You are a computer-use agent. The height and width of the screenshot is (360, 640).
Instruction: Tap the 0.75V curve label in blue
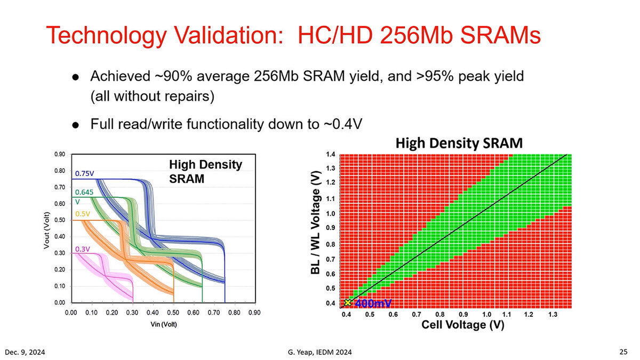[85, 173]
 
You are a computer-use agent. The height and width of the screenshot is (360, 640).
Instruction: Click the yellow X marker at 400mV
[348, 303]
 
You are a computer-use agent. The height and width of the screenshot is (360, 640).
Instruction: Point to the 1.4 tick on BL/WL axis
[331, 154]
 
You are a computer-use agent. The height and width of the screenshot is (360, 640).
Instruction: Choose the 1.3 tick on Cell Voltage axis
[553, 315]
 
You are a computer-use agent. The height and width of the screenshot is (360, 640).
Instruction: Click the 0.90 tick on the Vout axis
[60, 155]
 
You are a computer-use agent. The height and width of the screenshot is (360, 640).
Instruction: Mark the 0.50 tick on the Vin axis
[173, 313]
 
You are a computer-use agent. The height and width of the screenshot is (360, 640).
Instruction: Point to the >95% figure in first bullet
[418, 76]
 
